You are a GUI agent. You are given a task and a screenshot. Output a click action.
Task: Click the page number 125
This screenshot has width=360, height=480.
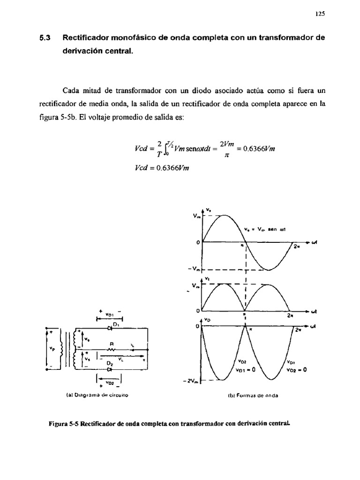pos(320,14)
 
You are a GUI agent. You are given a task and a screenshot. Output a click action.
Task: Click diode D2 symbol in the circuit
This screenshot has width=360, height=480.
pos(109,369)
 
